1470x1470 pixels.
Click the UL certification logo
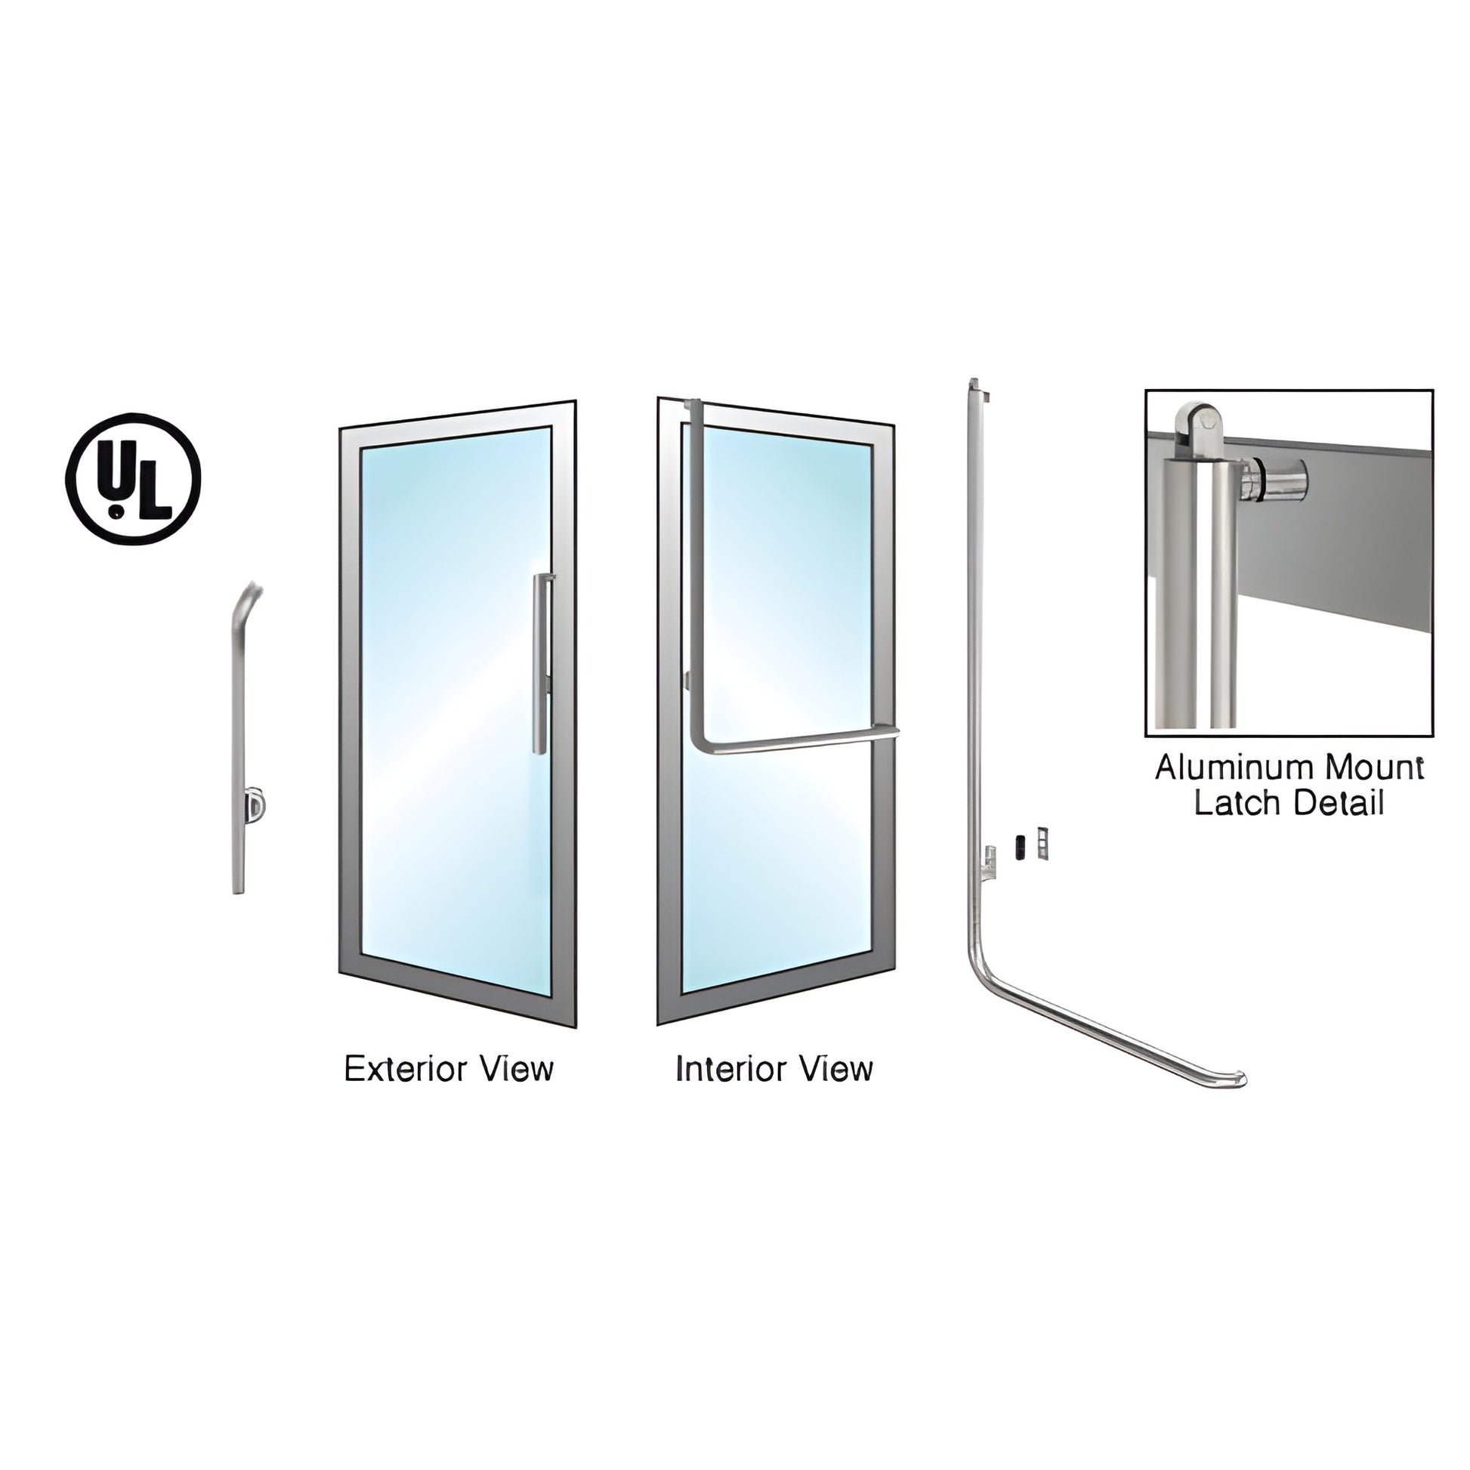click(x=133, y=480)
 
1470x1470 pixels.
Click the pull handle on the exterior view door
click(x=540, y=663)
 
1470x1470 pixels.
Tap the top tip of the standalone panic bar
click(x=972, y=381)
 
